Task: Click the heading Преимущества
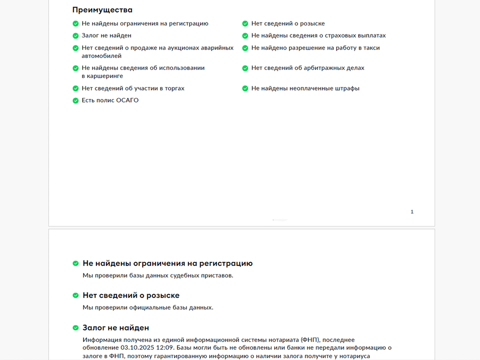coord(102,9)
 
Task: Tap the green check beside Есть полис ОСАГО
coord(75,100)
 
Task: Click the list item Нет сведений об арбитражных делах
coord(307,68)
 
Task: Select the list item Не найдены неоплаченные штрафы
coord(305,88)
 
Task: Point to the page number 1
coord(412,212)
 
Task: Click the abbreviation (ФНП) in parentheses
coord(312,339)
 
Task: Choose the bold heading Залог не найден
coord(115,328)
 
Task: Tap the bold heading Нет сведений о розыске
coord(131,295)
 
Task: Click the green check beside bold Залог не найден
coord(75,328)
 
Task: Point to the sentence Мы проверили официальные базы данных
coord(147,307)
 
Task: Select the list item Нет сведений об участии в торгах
coord(133,88)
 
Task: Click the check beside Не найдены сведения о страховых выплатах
coord(245,36)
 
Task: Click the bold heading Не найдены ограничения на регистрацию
coord(167,263)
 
